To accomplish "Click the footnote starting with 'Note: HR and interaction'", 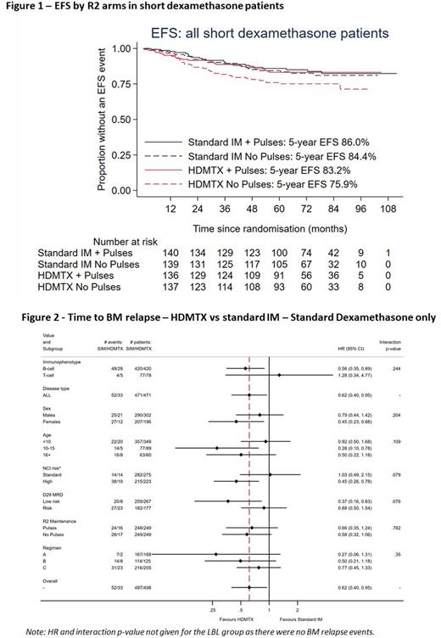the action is (x=220, y=630).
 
